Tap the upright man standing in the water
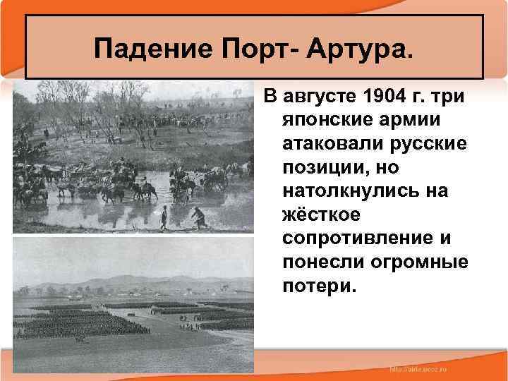164,218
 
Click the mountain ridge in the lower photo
141,275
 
